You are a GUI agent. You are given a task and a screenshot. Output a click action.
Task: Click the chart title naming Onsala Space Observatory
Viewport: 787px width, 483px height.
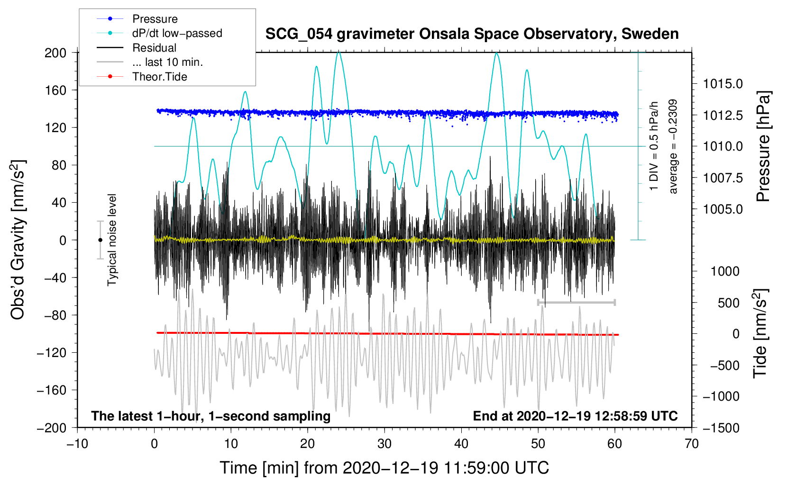pos(472,34)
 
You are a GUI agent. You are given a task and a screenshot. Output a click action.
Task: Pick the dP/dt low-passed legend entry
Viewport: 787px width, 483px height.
pos(177,33)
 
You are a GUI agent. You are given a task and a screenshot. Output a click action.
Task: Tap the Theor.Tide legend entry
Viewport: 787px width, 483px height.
pos(159,77)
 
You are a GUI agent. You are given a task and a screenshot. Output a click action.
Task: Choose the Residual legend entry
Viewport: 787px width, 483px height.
pos(154,48)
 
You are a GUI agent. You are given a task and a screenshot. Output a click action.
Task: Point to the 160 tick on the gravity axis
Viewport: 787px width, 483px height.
pos(55,90)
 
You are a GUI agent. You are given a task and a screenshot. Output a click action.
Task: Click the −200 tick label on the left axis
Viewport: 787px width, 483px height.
pos(52,428)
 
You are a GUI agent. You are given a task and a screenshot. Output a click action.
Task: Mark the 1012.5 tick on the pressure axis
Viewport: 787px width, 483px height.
pos(723,115)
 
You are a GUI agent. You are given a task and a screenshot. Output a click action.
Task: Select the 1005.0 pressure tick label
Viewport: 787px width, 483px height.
pos(723,209)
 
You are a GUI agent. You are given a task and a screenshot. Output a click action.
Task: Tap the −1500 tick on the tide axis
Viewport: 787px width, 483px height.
pos(721,428)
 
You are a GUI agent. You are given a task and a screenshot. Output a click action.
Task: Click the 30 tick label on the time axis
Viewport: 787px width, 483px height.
pos(384,444)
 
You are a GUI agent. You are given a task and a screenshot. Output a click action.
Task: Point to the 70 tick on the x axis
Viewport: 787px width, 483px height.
pos(692,444)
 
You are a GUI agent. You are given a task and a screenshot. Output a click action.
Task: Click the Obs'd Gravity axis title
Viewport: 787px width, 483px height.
pos(18,240)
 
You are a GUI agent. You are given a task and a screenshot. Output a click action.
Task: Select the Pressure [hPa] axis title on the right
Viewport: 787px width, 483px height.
pos(763,146)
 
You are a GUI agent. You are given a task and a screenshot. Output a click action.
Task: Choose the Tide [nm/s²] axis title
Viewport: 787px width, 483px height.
pos(760,334)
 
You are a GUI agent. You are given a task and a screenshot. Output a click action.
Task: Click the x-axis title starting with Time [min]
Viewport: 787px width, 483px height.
pos(384,468)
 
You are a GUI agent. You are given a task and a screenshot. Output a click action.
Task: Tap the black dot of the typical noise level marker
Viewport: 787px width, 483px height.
pos(100,240)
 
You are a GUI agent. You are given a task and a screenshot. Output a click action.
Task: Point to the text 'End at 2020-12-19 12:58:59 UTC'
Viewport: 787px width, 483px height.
pos(575,416)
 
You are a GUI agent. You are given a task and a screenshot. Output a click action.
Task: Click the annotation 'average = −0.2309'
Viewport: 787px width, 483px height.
pos(673,146)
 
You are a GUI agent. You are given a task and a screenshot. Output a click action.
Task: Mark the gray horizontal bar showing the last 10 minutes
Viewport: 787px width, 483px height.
pos(576,302)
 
